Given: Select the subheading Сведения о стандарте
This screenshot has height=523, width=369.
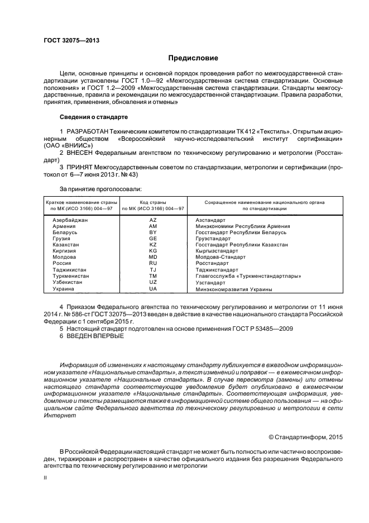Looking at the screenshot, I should pos(94,117).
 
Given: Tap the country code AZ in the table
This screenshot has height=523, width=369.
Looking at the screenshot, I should pos(153,220).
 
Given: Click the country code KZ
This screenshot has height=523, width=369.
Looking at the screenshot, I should pos(153,245).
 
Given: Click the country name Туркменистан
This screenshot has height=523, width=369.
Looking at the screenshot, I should pos(71,276).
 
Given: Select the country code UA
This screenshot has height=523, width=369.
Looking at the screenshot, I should pos(153,289).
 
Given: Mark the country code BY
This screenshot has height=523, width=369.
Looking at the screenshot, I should pos(153,232).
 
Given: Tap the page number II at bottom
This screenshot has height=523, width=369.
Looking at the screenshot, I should pos(46,478).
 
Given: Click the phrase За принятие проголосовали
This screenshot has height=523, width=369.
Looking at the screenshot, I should pos(100,190).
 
